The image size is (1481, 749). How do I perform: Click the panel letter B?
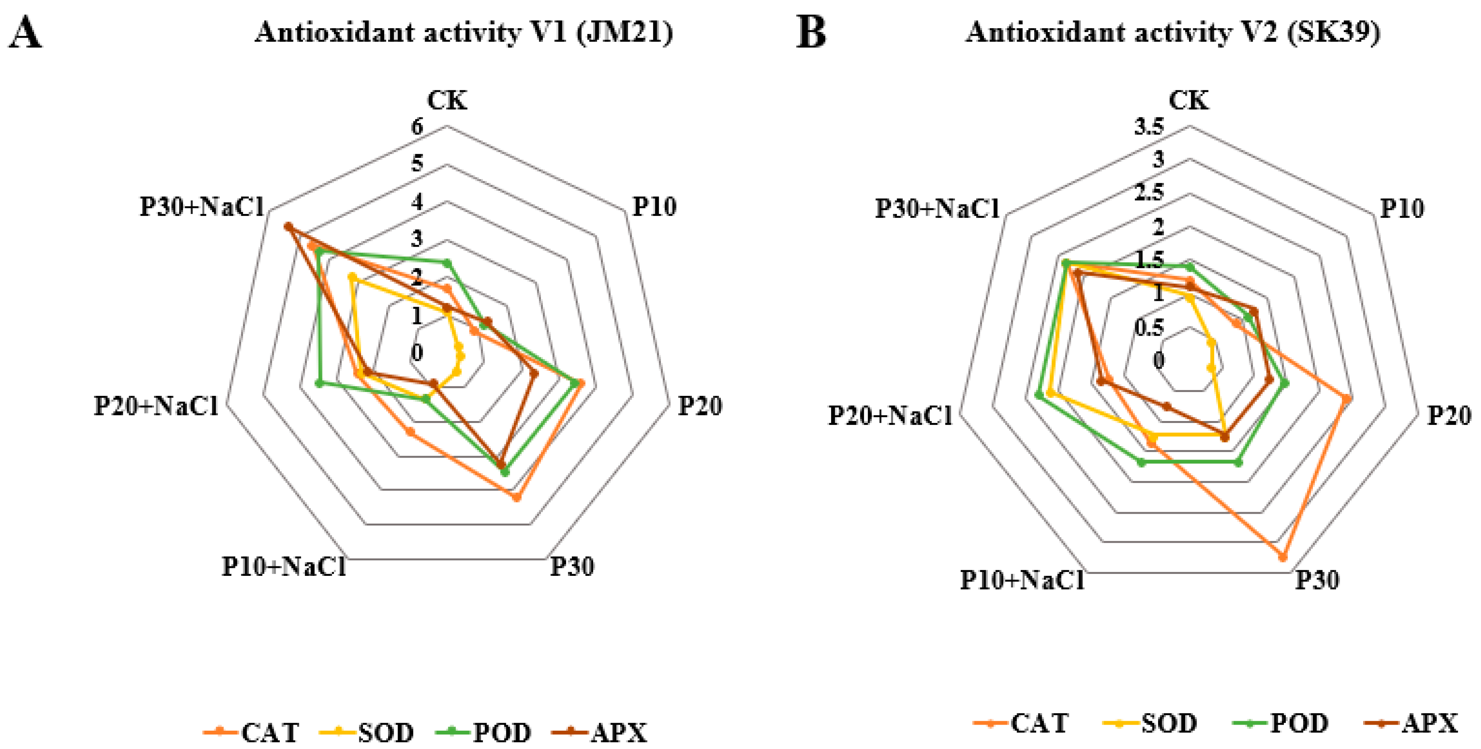coord(810,33)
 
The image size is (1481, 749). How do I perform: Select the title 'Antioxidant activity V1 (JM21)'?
coord(464,32)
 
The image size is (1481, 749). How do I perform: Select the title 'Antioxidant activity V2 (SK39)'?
coord(1173,32)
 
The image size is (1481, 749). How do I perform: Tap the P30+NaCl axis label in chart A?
coord(202,207)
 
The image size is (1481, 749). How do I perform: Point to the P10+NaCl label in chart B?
coord(1022,580)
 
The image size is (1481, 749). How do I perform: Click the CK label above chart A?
coord(447,101)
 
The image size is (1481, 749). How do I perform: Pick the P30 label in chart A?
coord(572,567)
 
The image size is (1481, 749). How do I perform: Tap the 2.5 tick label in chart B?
coord(1149,192)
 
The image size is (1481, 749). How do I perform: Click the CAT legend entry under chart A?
coord(251,732)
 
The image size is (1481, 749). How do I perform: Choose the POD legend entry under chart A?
coord(483,732)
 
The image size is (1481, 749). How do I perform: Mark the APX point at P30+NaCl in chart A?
coord(289,227)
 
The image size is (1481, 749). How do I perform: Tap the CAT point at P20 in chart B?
coord(1346,398)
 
